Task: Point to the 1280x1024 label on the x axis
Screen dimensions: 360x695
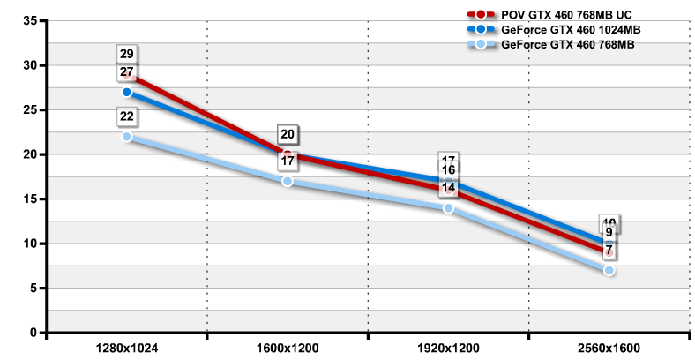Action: pos(127,349)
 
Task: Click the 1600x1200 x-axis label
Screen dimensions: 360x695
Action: pos(288,349)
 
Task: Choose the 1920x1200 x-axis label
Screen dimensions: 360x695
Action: pos(448,349)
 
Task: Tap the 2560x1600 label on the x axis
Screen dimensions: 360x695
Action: pos(609,349)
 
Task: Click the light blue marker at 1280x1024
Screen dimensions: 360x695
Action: pos(127,137)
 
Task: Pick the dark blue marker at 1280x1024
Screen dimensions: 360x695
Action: pos(127,92)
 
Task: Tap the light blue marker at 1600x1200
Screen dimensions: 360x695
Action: pos(288,181)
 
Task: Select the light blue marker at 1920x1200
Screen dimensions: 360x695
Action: pos(448,208)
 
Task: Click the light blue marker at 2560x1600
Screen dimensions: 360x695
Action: pos(609,270)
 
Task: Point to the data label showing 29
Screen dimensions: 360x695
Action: pos(127,55)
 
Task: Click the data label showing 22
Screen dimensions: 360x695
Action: pos(127,116)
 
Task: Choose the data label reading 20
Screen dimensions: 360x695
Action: pos(288,135)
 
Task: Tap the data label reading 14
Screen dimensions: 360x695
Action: pos(448,187)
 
